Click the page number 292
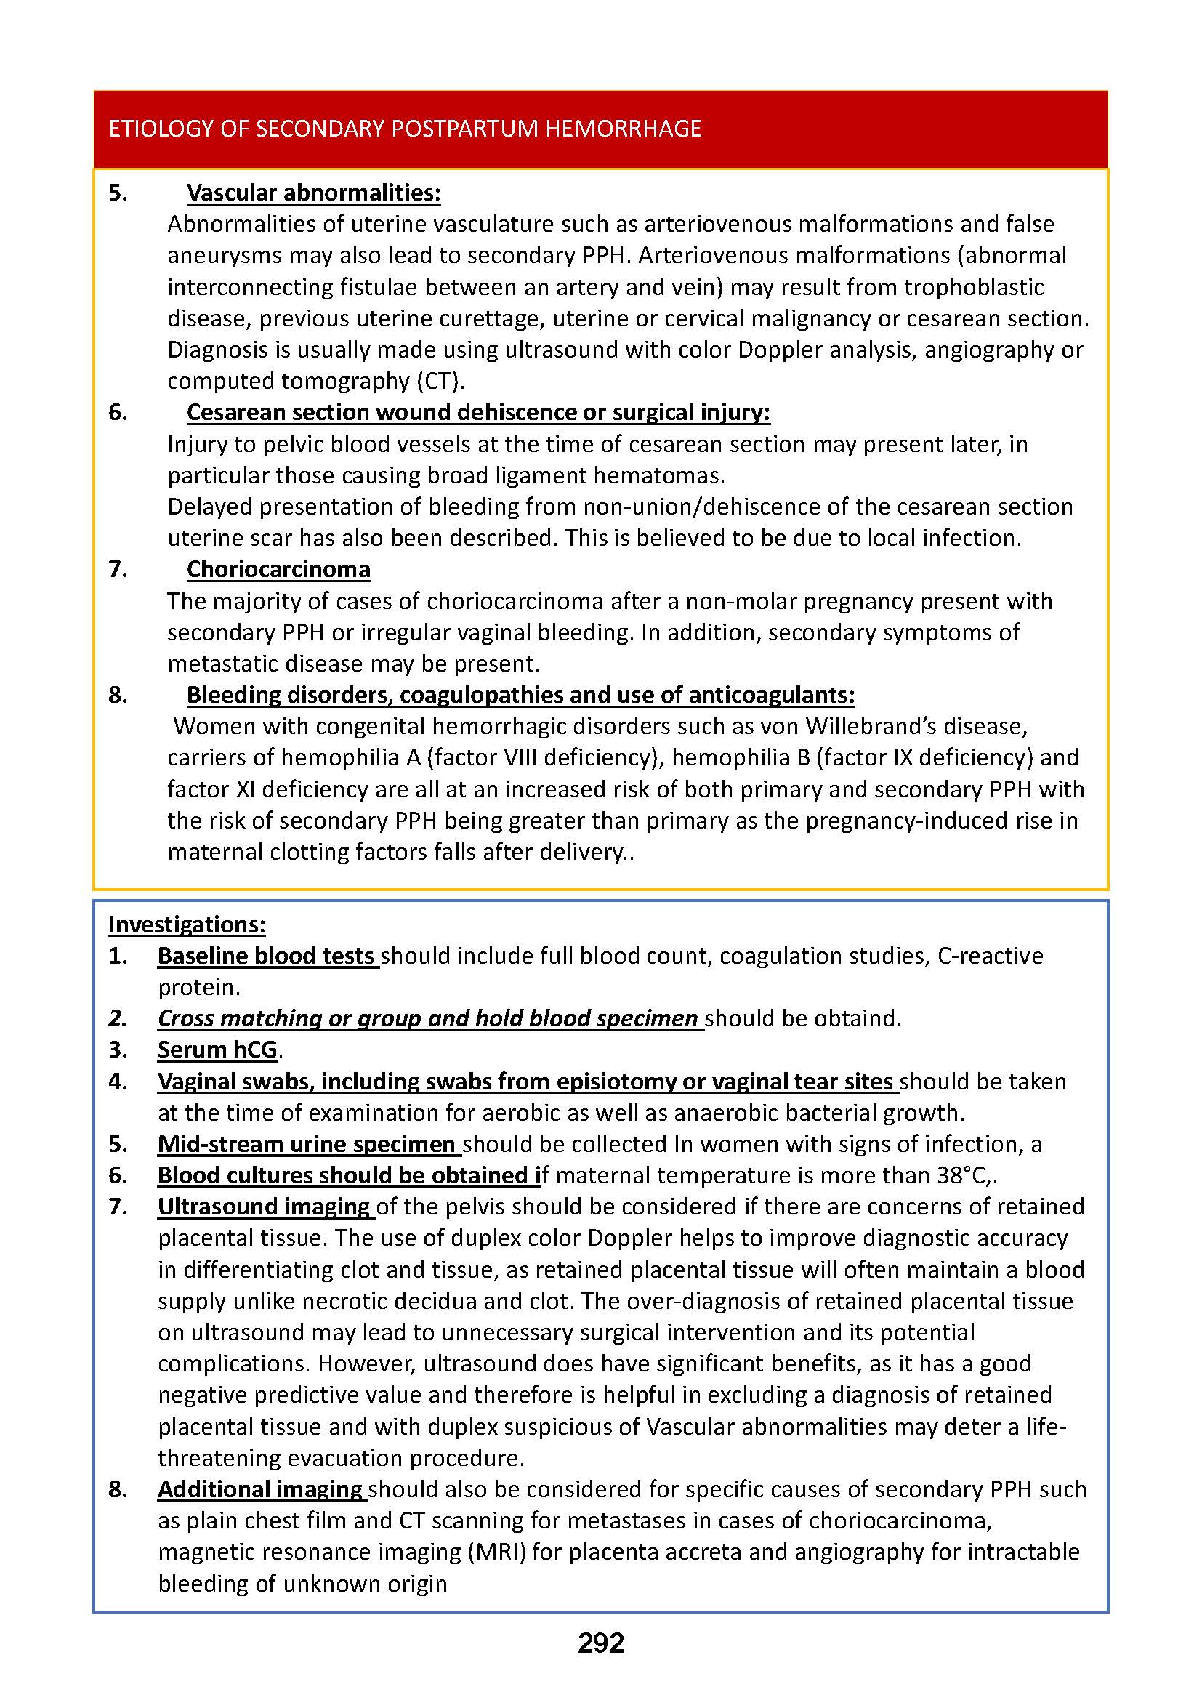pyautogui.click(x=600, y=1643)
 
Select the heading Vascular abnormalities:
pyautogui.click(x=313, y=193)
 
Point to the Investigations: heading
pyautogui.click(x=187, y=924)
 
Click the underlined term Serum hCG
pyautogui.click(x=217, y=1050)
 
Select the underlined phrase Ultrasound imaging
pyautogui.click(x=265, y=1206)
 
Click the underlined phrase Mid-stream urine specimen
pyautogui.click(x=307, y=1144)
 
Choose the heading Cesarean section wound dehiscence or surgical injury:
pyautogui.click(x=477, y=411)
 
